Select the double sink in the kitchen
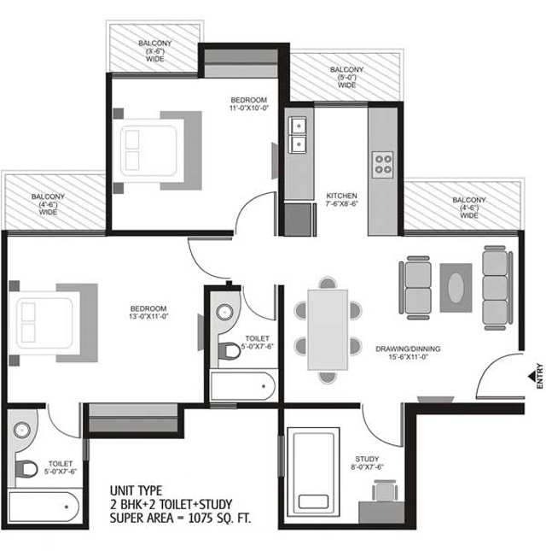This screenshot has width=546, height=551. (299, 135)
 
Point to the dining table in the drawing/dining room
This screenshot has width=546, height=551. (328, 328)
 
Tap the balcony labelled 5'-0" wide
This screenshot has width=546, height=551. (346, 77)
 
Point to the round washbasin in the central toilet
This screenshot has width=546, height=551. (225, 313)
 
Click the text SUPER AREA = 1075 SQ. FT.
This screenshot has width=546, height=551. (181, 518)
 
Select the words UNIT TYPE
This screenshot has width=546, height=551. (134, 491)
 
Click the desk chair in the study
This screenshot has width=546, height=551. (381, 489)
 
